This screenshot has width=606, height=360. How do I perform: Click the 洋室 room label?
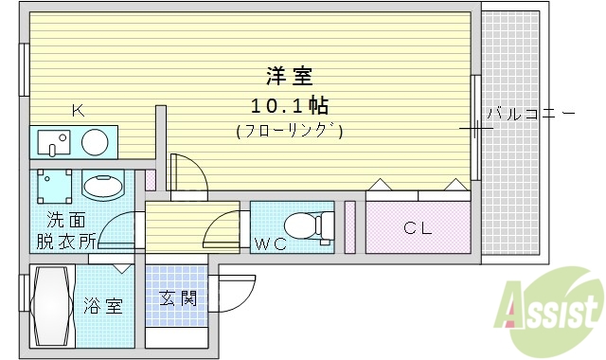coord(289,75)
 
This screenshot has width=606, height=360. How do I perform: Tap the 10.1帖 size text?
coord(289,104)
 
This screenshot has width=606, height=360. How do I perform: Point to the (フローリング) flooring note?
coord(289,132)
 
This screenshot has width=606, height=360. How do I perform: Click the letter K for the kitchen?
coord(78,111)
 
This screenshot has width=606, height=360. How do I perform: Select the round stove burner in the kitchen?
coord(94,143)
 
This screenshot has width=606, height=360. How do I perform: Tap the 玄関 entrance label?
coord(178,299)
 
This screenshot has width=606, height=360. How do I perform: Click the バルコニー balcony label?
coord(530,115)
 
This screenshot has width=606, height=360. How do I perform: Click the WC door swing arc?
coord(223,230)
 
